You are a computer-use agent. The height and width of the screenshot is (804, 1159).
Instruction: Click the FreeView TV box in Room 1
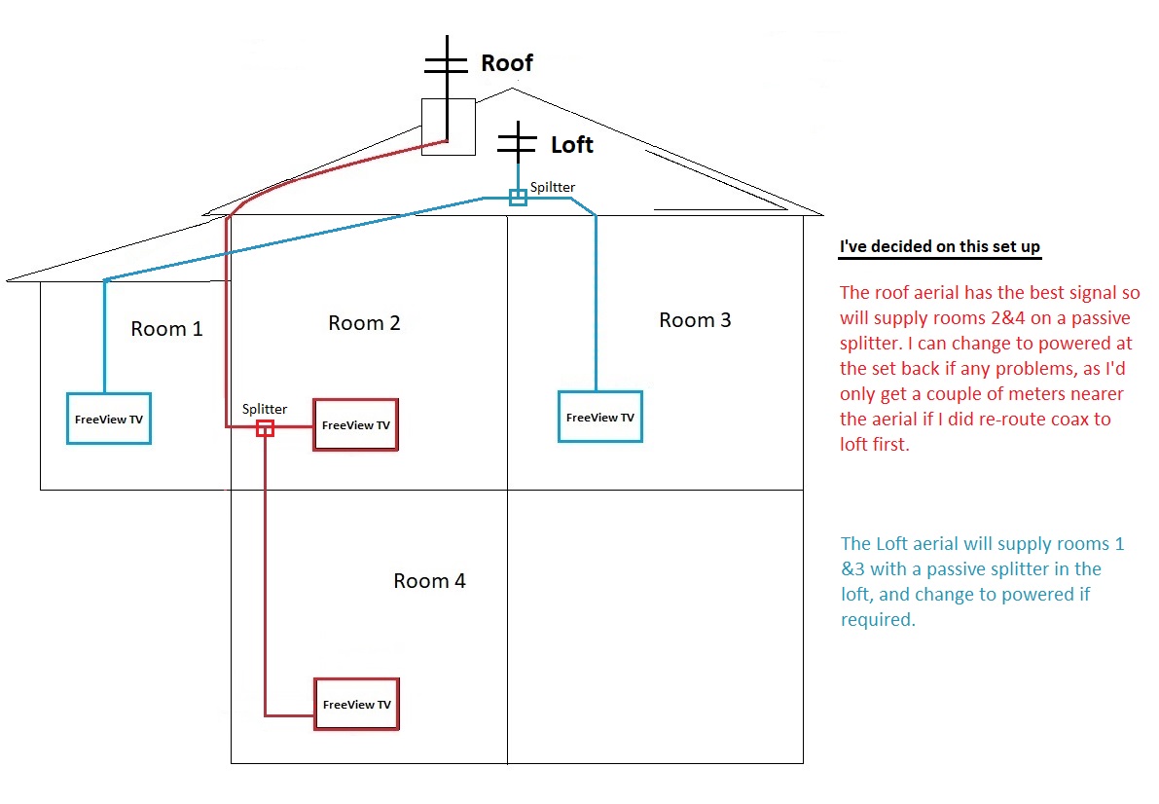(108, 419)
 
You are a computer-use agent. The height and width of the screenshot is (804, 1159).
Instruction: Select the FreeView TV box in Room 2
(355, 425)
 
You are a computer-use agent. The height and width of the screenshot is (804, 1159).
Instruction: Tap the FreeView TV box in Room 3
(599, 417)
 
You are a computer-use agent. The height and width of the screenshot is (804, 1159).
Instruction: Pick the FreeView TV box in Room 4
(356, 704)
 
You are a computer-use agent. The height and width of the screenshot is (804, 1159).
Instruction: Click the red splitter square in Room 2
(265, 427)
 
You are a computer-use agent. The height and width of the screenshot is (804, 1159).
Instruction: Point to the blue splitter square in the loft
(518, 198)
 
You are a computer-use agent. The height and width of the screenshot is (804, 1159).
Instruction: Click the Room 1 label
(166, 329)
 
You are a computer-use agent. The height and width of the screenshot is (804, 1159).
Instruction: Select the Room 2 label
(364, 323)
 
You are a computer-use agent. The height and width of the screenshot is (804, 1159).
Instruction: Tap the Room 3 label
(695, 320)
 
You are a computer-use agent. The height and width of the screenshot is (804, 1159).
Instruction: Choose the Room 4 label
(429, 581)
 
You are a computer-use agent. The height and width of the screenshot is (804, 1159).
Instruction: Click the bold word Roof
(507, 63)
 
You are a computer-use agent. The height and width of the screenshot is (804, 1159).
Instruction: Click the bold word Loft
(571, 145)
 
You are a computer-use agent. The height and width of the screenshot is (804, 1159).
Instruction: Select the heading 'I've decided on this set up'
(939, 246)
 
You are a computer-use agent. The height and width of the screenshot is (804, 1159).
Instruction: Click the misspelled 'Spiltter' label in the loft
(552, 187)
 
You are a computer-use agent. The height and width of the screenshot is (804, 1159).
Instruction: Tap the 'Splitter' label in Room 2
(264, 409)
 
